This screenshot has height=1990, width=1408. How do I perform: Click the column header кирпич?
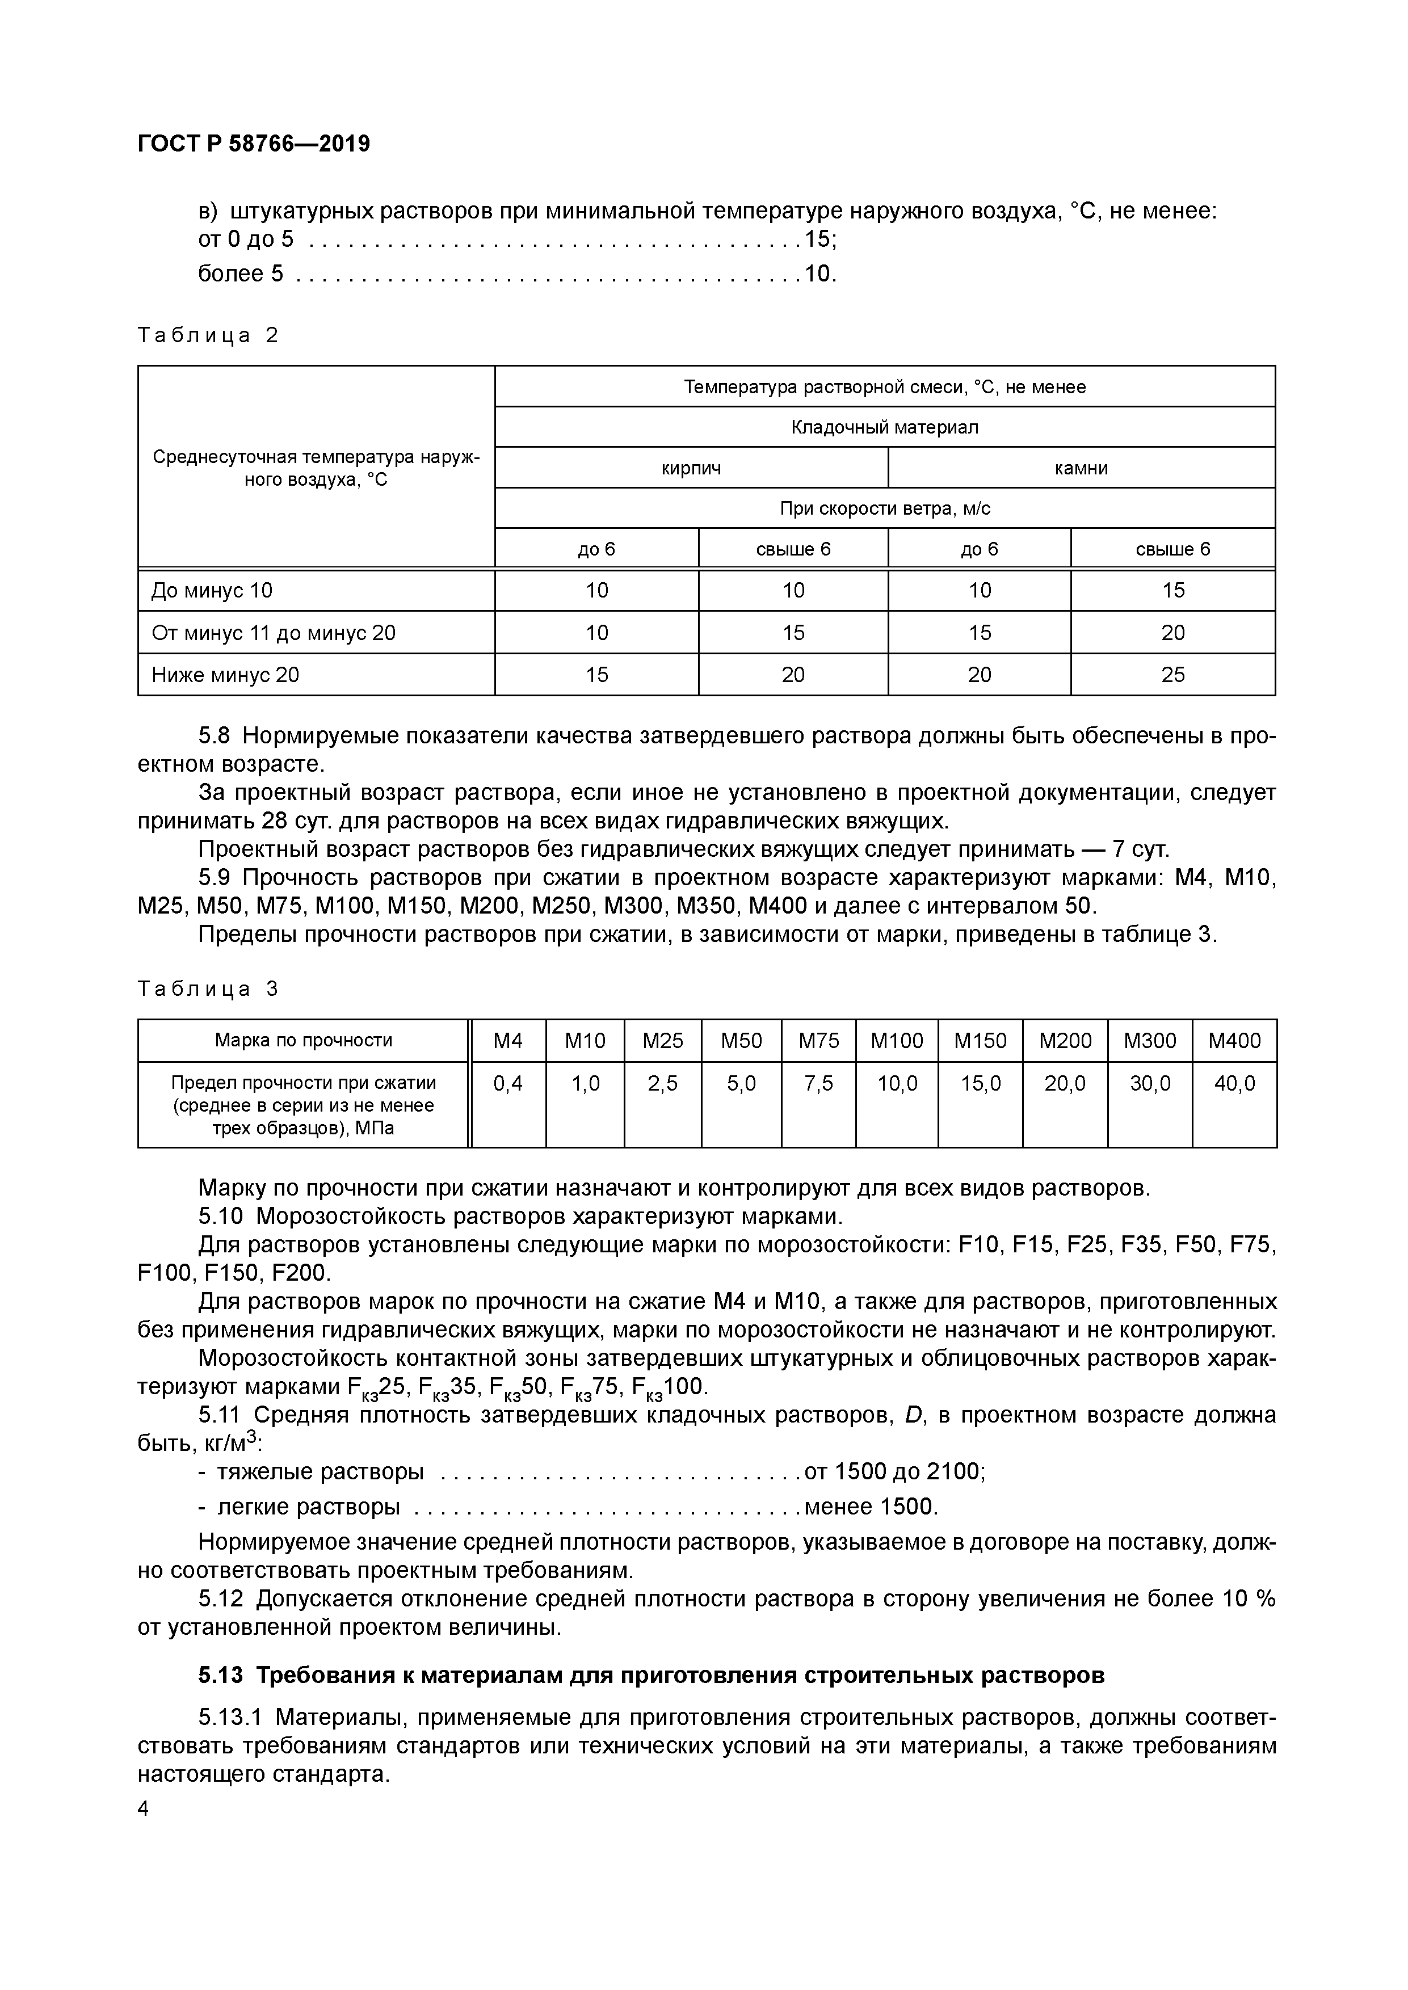point(691,468)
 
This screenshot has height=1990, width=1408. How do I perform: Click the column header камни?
point(1081,468)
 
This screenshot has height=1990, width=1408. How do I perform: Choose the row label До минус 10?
point(212,590)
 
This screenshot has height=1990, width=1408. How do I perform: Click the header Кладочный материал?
point(884,427)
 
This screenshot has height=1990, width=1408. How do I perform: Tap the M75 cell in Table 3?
point(818,1040)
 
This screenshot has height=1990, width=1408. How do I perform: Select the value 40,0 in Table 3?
point(1234,1083)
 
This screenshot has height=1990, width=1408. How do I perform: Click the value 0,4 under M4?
point(508,1083)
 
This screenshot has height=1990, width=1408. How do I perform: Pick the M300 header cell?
point(1150,1040)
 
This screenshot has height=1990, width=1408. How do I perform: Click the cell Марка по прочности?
point(304,1040)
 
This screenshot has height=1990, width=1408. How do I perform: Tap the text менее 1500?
point(871,1507)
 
